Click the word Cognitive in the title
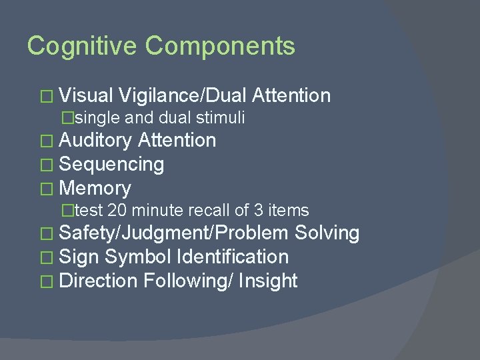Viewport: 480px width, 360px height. coord(83,46)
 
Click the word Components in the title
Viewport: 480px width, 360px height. coord(220,46)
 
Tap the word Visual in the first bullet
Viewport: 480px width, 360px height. coord(89,96)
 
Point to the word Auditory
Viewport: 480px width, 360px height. coord(96,141)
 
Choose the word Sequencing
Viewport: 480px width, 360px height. coord(111,164)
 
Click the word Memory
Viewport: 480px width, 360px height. coord(95,188)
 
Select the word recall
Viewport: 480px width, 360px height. coord(209,211)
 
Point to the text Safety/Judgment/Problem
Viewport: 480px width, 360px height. coord(174,233)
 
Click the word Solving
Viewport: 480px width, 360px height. coord(327,233)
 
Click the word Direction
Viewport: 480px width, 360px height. coord(99,281)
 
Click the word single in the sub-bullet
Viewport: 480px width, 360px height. coord(98,118)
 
